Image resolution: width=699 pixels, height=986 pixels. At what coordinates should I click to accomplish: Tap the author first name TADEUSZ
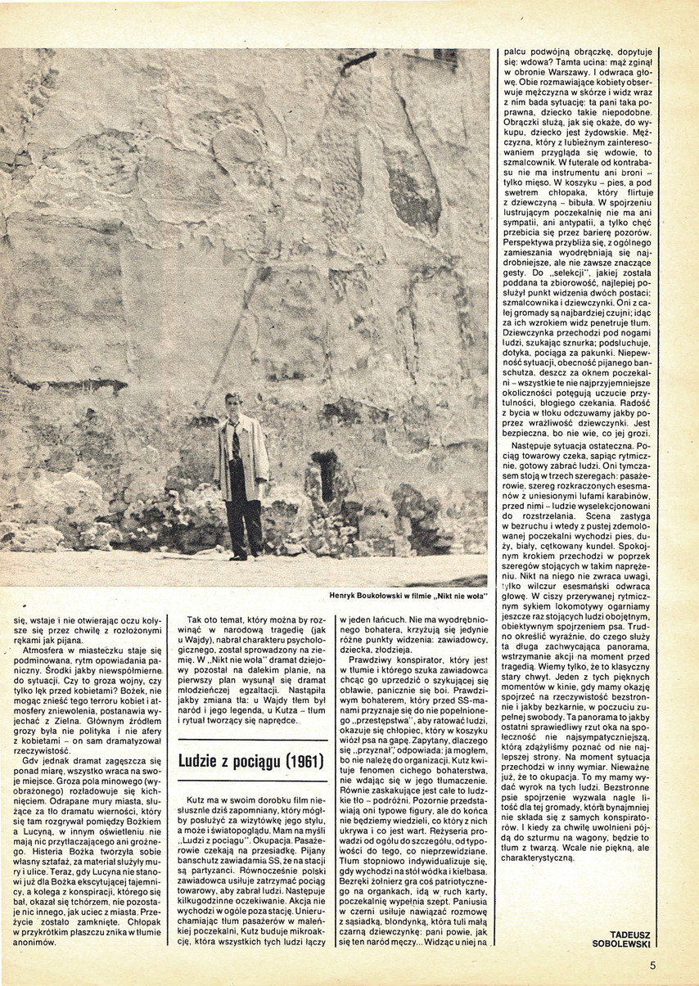(x=631, y=933)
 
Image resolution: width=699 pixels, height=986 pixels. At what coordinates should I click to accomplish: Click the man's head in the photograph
(x=233, y=403)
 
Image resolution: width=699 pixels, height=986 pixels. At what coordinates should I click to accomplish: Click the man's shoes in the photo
(x=238, y=556)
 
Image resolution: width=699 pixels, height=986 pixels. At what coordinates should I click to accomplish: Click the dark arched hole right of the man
(x=326, y=475)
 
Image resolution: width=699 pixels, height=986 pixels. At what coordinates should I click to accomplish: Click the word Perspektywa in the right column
(x=527, y=243)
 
